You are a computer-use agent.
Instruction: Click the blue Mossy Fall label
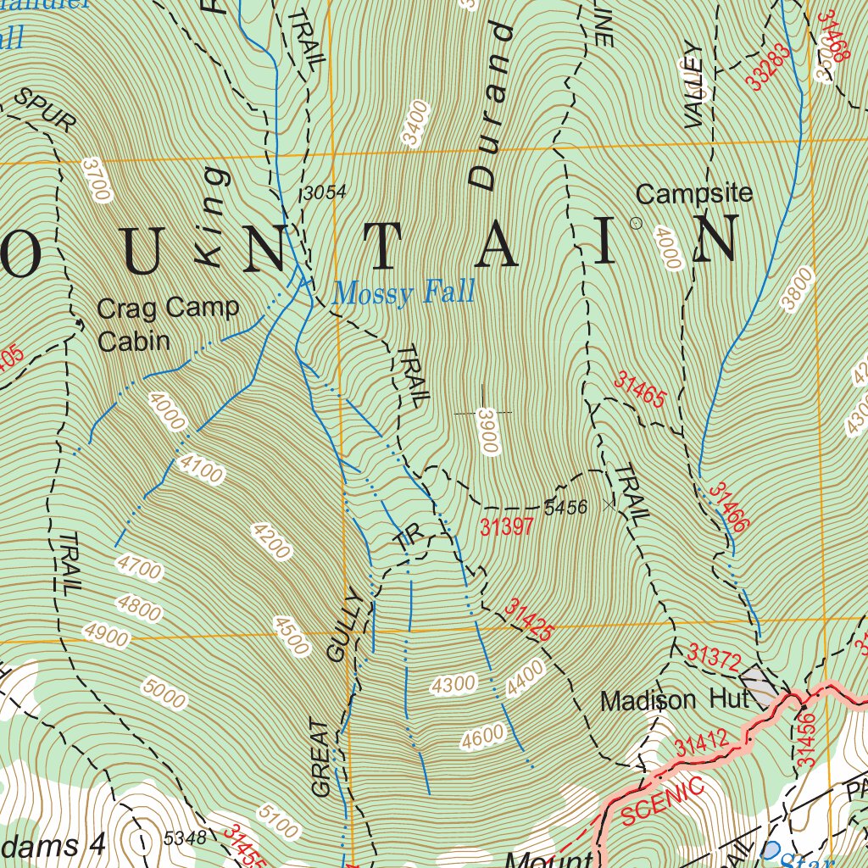point(403,293)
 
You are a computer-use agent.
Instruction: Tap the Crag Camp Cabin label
point(168,324)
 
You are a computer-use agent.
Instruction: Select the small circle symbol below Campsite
point(636,223)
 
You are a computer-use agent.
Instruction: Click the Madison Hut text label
point(675,700)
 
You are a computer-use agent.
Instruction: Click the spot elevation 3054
point(325,193)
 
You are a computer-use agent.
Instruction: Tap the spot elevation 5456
point(565,507)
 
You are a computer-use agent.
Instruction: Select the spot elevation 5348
point(185,838)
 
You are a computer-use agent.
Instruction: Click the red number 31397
point(506,527)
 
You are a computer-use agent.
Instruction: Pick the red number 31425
point(530,620)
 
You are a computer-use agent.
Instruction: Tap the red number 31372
point(714,656)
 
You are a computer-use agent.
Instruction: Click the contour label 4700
point(140,568)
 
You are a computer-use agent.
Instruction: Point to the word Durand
point(492,106)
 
